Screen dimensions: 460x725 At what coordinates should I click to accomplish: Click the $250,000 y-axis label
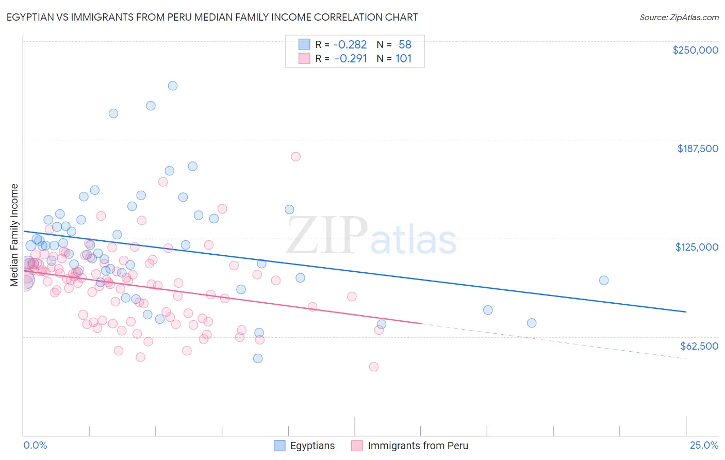[695, 50]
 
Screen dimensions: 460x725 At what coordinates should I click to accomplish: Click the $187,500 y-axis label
[697, 149]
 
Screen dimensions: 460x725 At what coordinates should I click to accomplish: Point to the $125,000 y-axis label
[697, 247]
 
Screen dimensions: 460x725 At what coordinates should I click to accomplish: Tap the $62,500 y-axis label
[699, 346]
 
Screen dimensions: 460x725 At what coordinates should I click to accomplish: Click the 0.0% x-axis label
[35, 445]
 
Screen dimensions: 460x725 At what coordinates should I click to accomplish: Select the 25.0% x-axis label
[703, 445]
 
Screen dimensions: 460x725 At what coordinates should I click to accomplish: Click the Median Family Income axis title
[14, 235]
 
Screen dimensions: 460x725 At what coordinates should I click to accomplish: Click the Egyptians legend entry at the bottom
[312, 446]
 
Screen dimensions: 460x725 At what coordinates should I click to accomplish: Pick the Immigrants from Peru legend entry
[418, 446]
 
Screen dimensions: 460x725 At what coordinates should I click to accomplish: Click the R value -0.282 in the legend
[351, 44]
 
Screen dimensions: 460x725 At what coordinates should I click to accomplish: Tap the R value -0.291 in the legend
[351, 58]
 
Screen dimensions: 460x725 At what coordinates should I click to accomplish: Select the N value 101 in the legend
[404, 58]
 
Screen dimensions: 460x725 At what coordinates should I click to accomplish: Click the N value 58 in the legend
[405, 44]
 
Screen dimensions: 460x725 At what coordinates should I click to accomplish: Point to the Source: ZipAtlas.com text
[679, 17]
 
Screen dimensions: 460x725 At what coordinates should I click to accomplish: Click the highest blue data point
[173, 86]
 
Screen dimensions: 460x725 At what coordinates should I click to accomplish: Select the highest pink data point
[295, 157]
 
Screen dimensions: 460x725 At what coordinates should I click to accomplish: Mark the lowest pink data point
[374, 367]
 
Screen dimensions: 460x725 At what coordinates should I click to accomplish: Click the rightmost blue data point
[604, 281]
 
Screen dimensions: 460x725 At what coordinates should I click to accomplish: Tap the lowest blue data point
[258, 358]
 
